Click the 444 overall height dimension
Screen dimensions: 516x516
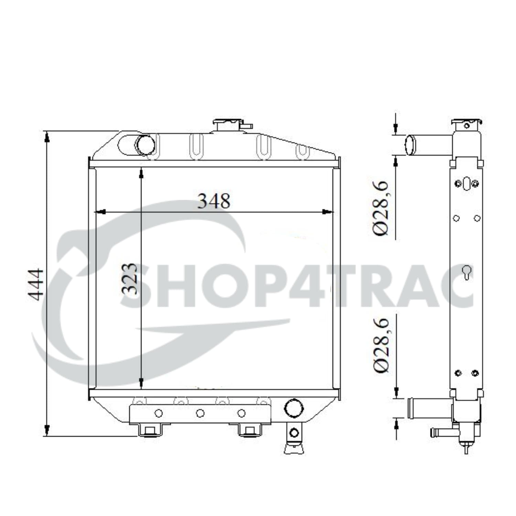click(x=36, y=284)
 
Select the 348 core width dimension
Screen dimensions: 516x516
click(x=214, y=201)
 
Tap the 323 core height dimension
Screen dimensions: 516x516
click(x=129, y=279)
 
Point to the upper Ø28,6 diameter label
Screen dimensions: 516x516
click(x=381, y=208)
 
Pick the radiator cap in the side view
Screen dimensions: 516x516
click(x=466, y=123)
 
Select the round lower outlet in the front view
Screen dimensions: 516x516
click(x=294, y=408)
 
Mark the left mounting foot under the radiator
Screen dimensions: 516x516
click(x=150, y=430)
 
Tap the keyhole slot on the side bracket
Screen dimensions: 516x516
click(x=466, y=272)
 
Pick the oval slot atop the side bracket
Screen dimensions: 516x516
click(x=466, y=183)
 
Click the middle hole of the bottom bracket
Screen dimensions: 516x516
click(x=200, y=413)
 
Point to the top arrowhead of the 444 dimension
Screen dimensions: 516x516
click(x=47, y=137)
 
